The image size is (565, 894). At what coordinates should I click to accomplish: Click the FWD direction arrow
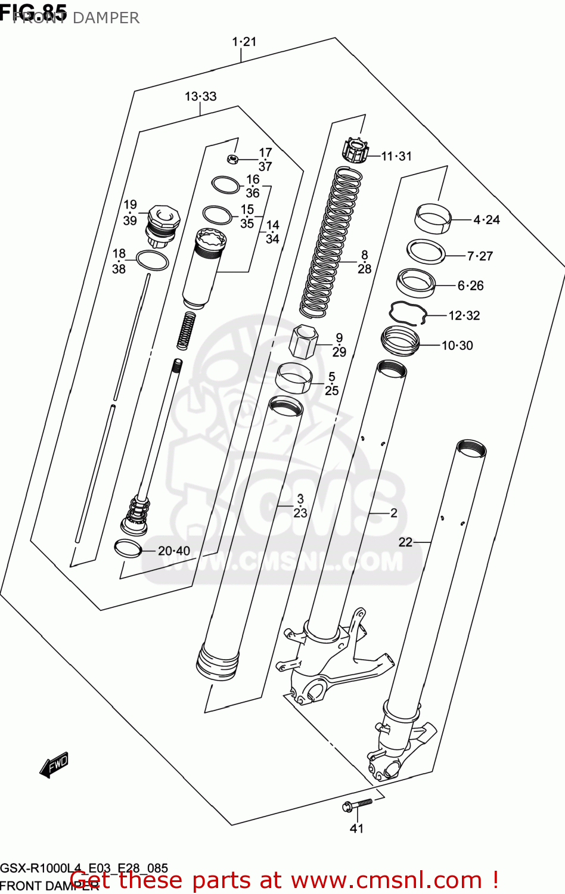(x=54, y=765)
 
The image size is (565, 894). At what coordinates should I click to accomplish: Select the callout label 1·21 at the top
(x=244, y=42)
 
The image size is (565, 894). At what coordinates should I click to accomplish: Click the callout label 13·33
(x=200, y=97)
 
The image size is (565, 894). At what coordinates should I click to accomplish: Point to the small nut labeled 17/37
(x=233, y=159)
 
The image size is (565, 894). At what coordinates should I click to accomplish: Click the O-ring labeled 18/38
(x=153, y=260)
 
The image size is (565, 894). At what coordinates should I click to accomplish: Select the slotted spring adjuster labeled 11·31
(x=356, y=150)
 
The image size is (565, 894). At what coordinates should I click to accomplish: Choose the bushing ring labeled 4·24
(x=433, y=218)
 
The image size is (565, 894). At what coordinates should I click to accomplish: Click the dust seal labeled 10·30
(x=400, y=341)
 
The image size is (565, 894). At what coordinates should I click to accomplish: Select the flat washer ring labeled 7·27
(x=426, y=252)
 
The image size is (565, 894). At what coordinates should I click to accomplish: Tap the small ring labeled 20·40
(x=128, y=548)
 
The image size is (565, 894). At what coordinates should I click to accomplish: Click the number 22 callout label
(x=405, y=542)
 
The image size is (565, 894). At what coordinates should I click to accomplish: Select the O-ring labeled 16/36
(x=226, y=185)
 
